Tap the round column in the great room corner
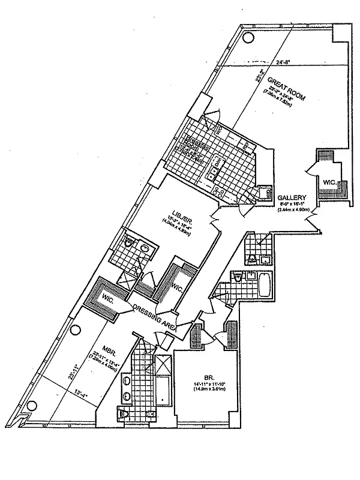click(x=248, y=37)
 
